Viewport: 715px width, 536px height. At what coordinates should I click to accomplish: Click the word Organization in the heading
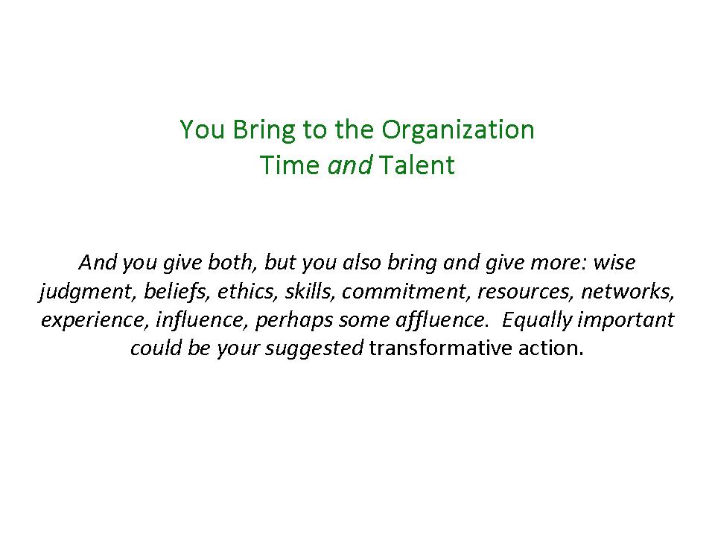(x=458, y=130)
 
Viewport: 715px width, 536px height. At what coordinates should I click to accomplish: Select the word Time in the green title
(x=290, y=165)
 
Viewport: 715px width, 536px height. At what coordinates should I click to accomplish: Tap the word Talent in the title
(x=417, y=165)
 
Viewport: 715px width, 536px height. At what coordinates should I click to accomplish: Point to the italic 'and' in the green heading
(x=350, y=165)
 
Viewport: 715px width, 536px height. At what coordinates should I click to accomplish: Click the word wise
(x=614, y=263)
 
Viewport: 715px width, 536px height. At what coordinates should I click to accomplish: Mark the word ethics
(x=247, y=292)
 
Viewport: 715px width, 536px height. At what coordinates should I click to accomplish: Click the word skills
(x=310, y=292)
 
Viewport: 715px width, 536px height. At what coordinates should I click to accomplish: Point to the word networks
(x=627, y=292)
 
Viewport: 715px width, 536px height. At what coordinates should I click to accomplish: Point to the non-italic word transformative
(x=440, y=348)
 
